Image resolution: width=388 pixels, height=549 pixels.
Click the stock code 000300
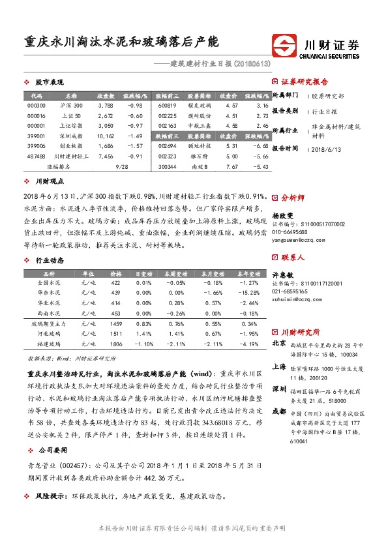click(37, 105)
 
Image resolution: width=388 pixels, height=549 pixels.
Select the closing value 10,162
click(105, 136)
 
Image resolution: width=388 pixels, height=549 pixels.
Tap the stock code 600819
click(168, 105)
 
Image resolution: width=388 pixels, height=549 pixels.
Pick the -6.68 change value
click(261, 146)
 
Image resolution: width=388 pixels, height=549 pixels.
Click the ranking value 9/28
click(121, 167)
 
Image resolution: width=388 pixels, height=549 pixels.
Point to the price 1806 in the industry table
click(116, 344)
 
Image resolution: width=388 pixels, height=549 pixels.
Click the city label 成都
click(278, 411)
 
